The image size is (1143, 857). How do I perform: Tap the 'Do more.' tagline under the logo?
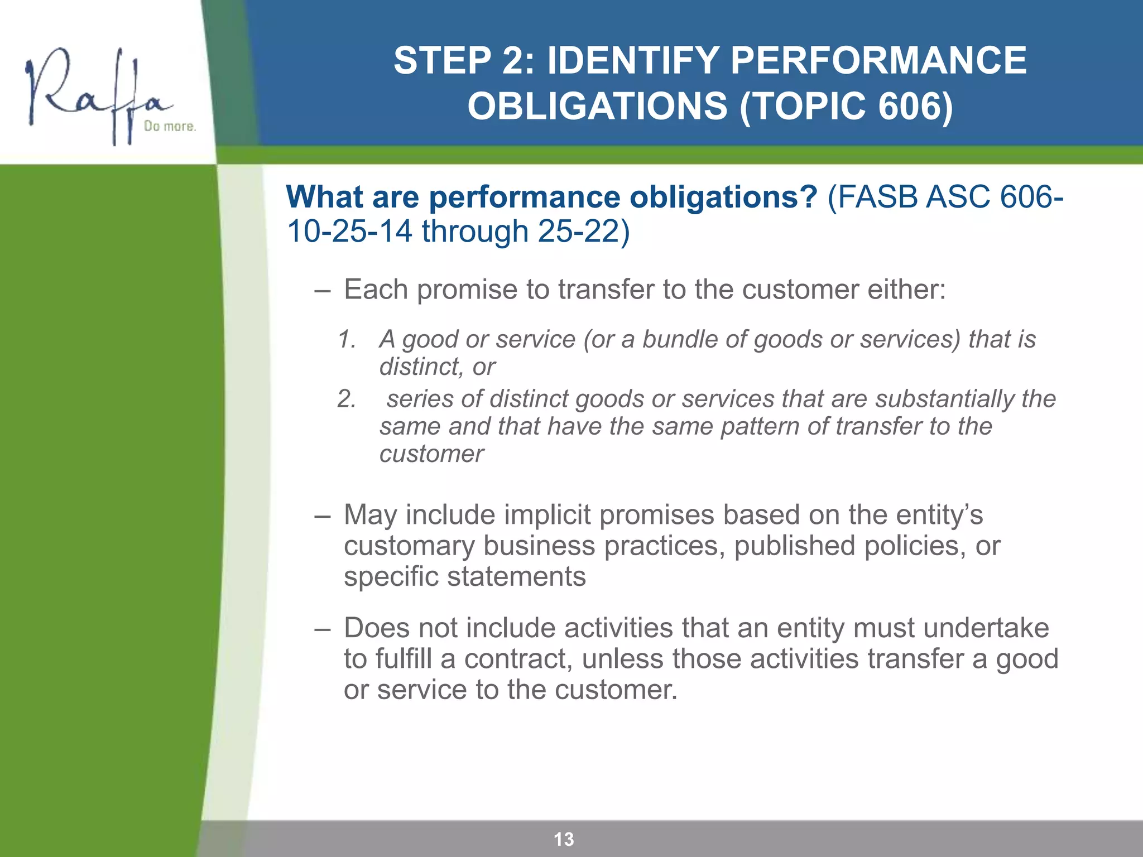170,127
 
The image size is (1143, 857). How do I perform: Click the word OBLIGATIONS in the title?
597,106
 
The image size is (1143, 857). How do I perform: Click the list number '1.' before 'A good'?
347,339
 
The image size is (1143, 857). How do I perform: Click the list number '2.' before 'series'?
347,399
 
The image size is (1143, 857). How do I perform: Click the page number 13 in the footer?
564,839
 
